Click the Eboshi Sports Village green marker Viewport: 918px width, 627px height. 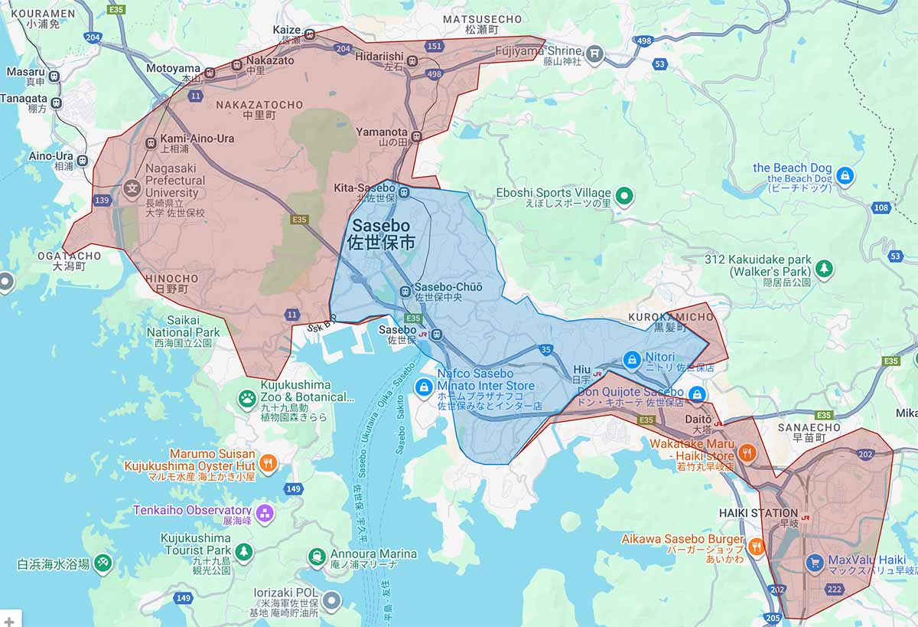coord(625,197)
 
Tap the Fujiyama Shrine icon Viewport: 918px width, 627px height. coord(595,54)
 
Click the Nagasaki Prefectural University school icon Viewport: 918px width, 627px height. coord(133,187)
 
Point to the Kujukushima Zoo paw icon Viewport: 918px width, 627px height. coord(247,397)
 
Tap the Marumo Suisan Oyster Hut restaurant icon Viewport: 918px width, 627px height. coord(267,462)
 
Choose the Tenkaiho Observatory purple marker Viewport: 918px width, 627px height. coord(265,511)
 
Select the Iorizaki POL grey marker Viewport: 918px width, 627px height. coord(330,600)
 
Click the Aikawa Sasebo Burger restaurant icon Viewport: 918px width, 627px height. coord(756,546)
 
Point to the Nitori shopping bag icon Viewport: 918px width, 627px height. coord(631,358)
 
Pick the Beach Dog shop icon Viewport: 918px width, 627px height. coord(845,175)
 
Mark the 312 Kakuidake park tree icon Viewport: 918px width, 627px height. coord(823,268)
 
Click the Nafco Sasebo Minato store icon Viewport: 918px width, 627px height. coord(422,388)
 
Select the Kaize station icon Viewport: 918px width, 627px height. coord(310,34)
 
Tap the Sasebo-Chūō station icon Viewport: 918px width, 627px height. coord(406,291)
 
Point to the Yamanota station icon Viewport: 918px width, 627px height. coord(416,137)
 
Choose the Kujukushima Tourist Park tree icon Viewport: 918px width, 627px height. coord(243,551)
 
